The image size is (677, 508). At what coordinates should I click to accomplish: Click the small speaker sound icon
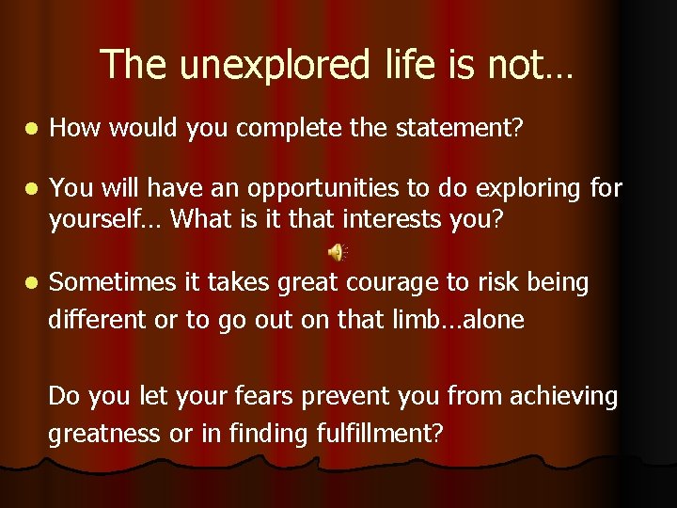click(337, 250)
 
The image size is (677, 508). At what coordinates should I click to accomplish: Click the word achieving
click(563, 397)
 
